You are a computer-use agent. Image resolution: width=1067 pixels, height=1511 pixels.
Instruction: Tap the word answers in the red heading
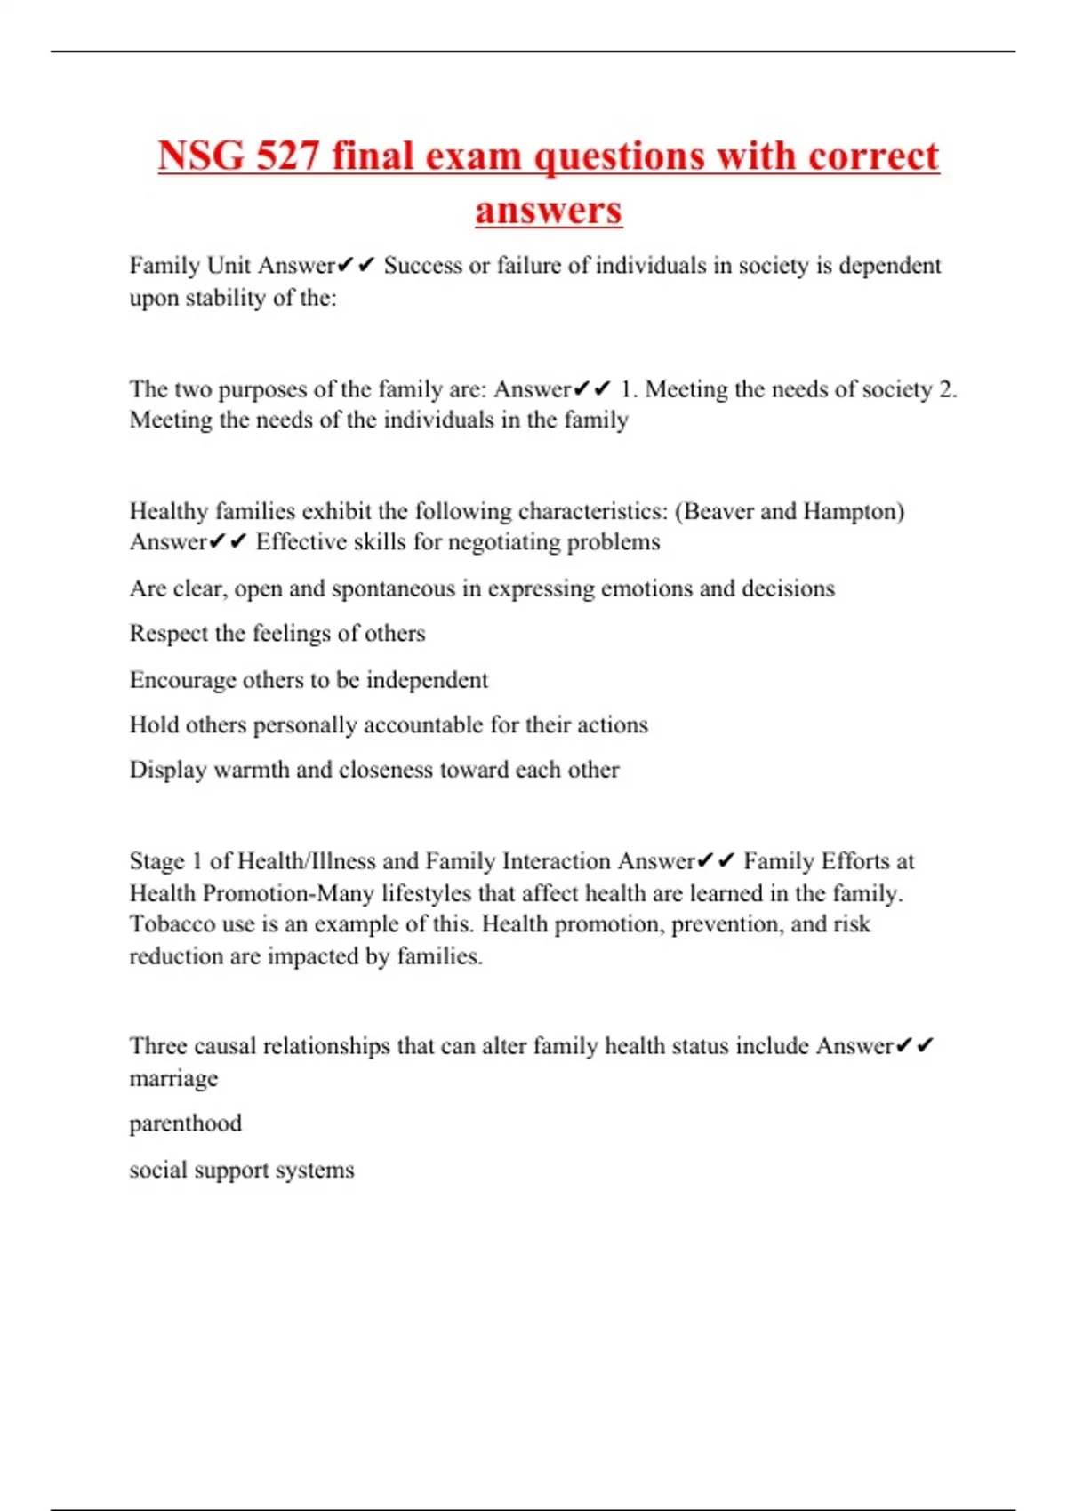549,211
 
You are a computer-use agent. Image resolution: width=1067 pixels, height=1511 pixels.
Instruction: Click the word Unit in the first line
229,266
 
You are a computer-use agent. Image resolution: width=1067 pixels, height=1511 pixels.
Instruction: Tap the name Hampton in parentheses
852,511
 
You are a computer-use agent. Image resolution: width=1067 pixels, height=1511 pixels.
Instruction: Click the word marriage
173,1079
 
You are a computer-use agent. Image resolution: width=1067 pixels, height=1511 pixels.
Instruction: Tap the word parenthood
185,1123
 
